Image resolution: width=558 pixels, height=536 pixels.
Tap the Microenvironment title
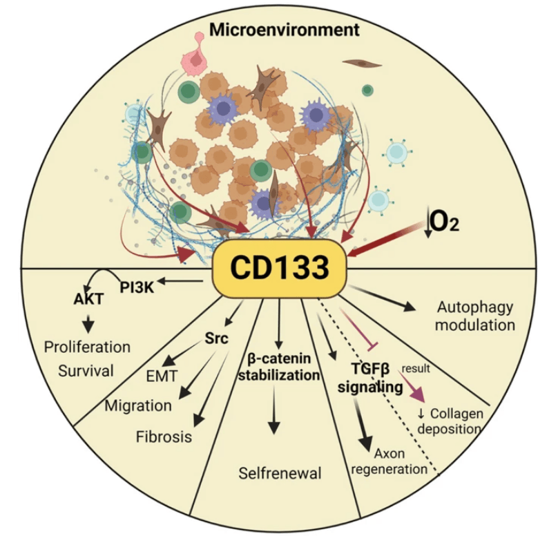click(x=284, y=30)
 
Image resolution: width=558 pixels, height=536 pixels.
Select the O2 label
click(x=443, y=222)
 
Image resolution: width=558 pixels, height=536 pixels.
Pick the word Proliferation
click(x=87, y=345)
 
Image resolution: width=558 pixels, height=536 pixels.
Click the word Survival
click(x=86, y=370)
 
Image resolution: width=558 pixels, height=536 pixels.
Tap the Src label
click(x=217, y=340)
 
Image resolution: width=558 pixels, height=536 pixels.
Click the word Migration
click(x=138, y=405)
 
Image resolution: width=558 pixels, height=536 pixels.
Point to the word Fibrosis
click(x=164, y=437)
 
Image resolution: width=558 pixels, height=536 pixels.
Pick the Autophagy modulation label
click(x=477, y=315)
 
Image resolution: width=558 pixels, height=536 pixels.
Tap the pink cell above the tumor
click(x=197, y=62)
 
